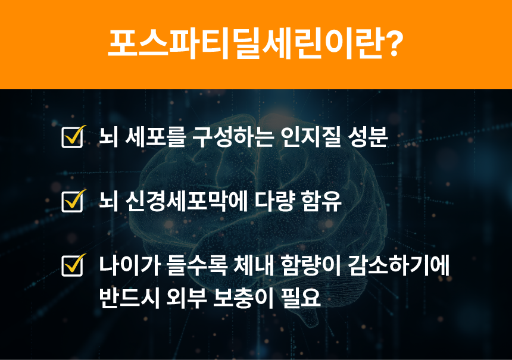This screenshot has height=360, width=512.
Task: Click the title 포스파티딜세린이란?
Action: tap(255, 44)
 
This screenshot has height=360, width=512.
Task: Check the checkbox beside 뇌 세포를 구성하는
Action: tap(73, 137)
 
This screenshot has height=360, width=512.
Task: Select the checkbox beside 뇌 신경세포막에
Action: tap(73, 201)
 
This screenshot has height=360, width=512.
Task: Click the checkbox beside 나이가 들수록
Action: tap(73, 265)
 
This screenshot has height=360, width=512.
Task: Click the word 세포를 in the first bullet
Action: tap(155, 137)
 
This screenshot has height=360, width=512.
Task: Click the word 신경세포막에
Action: tap(186, 201)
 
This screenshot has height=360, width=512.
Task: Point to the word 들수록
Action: tap(197, 265)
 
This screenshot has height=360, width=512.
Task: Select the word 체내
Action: tap(254, 265)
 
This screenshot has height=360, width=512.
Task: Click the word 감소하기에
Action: tap(399, 265)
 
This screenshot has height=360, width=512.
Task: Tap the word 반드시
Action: tap(129, 298)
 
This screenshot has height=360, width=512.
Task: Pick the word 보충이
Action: tap(243, 298)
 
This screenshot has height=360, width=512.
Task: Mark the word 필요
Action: tap(301, 298)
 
